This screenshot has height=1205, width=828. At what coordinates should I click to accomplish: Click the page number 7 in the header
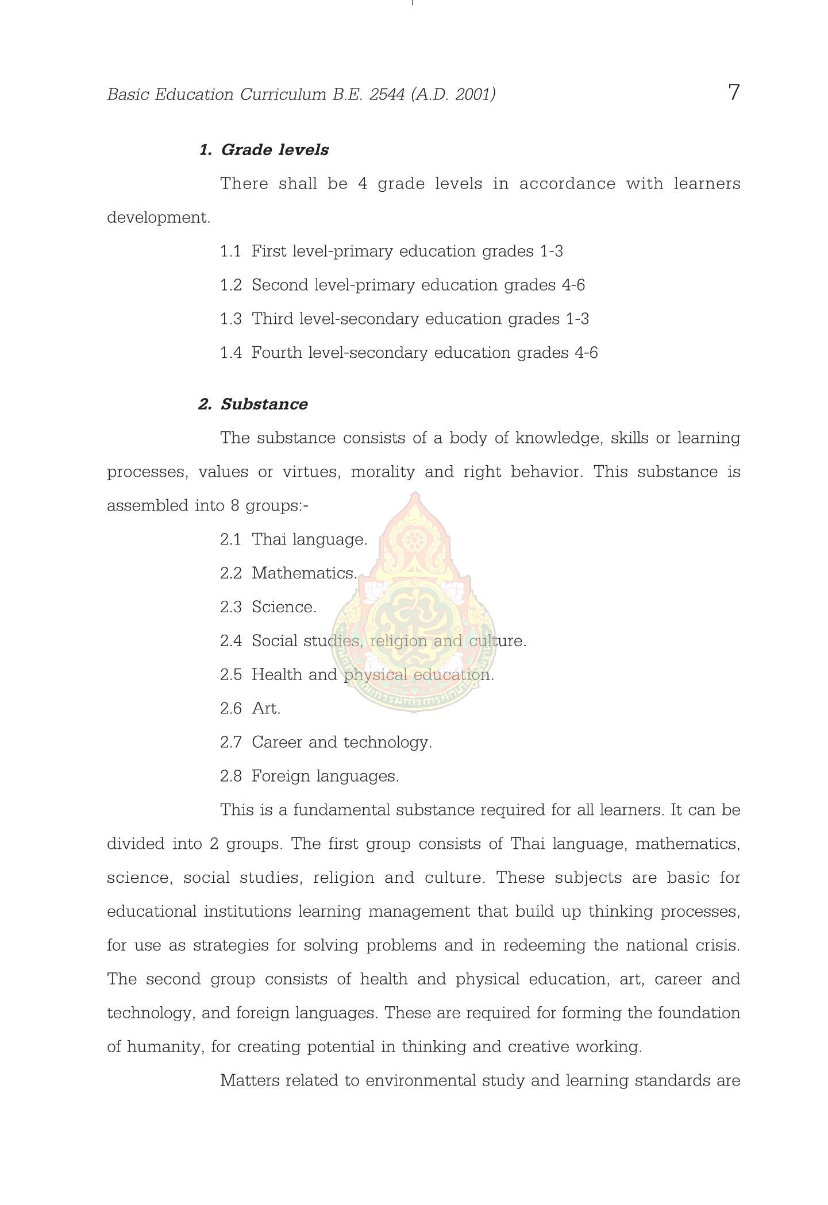(734, 92)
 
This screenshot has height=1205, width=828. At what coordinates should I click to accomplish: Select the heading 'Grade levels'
(275, 150)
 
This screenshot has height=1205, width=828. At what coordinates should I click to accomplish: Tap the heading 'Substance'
(264, 404)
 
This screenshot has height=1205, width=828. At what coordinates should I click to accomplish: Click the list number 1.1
(230, 252)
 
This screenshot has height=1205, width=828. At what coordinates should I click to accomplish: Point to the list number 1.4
(230, 353)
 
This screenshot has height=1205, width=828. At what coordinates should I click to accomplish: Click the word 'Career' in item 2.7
(276, 743)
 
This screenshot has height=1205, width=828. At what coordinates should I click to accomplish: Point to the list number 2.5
(230, 675)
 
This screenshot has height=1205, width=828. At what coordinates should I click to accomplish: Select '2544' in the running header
(387, 94)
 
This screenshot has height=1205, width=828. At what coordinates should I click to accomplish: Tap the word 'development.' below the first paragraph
(159, 218)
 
